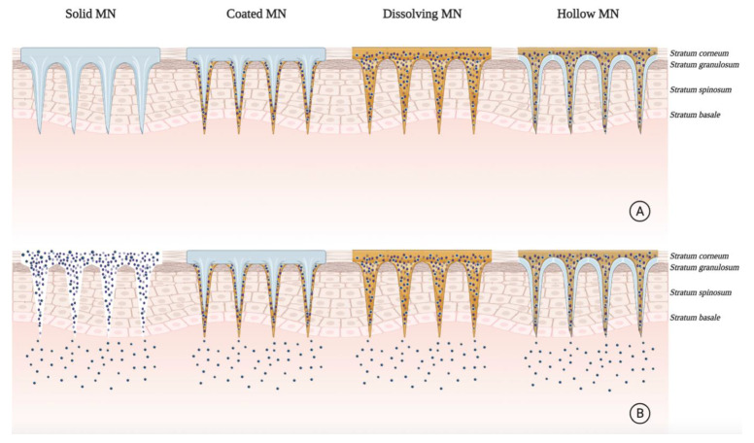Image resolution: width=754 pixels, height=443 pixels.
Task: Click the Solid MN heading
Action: pos(90,16)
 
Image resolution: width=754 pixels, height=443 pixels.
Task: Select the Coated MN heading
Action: pos(256,16)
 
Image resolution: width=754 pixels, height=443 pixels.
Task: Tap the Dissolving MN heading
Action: pos(422,16)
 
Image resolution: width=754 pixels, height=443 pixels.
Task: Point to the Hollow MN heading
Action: pos(586,16)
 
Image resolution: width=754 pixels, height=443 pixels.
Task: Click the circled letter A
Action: pos(638,211)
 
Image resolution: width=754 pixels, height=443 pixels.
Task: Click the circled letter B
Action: pos(638,413)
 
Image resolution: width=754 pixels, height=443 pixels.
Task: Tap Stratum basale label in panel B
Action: pos(699,318)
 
